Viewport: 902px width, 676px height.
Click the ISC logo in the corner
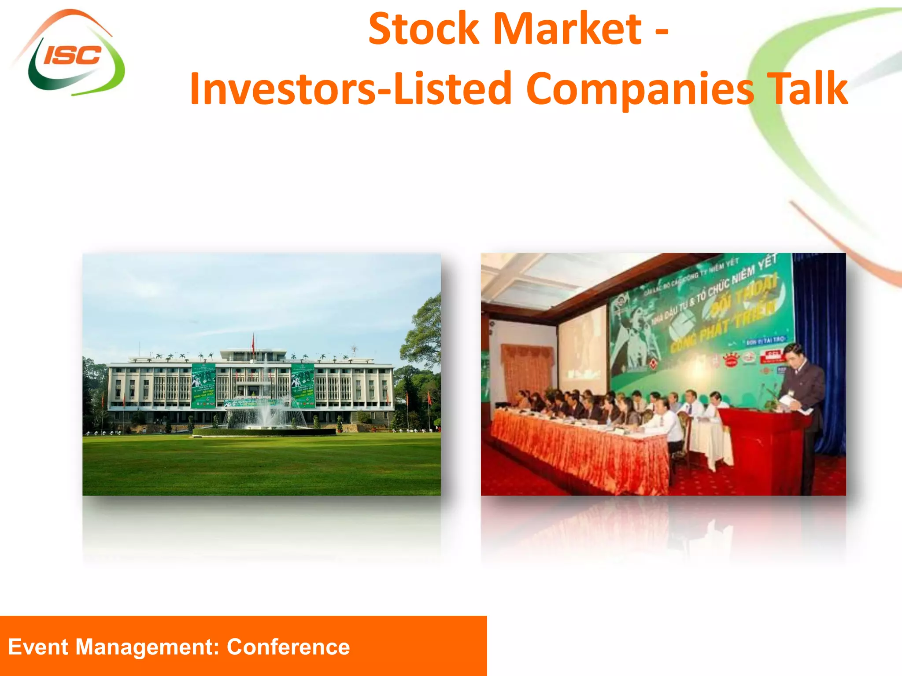point(70,55)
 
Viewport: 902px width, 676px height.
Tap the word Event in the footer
point(38,647)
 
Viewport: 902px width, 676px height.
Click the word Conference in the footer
point(288,647)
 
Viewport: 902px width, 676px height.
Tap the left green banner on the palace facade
point(203,385)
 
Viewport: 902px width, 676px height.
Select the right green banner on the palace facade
point(303,385)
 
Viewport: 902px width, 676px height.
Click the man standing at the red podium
point(802,396)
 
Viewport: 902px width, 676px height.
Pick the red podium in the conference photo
point(764,449)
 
